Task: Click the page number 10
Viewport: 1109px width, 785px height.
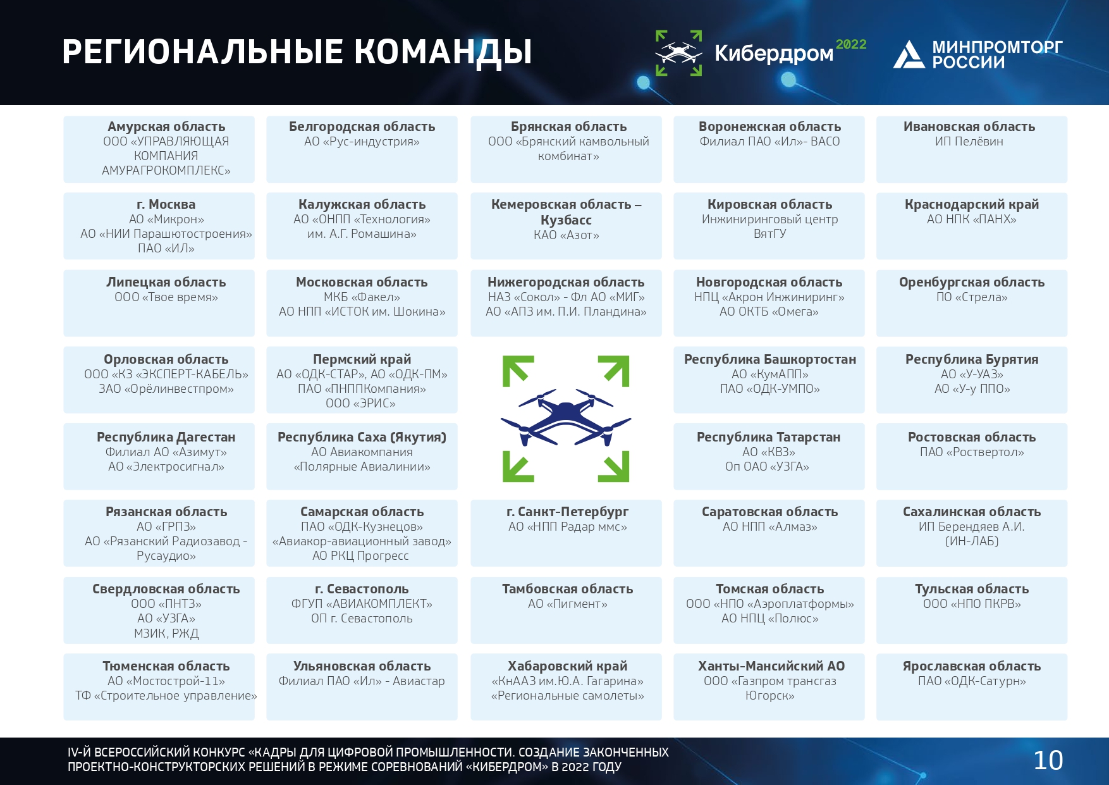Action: click(1048, 760)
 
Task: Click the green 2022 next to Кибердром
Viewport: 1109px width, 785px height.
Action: click(851, 44)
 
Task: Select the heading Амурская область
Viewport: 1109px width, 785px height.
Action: click(166, 127)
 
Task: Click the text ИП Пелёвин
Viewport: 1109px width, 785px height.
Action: click(969, 142)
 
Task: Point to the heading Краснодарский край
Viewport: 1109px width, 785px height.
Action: click(972, 204)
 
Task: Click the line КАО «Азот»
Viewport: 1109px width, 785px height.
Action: click(567, 235)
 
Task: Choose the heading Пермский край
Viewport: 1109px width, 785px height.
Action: click(362, 359)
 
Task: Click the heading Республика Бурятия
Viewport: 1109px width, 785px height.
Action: click(972, 359)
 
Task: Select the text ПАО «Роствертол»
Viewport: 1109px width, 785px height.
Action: click(972, 452)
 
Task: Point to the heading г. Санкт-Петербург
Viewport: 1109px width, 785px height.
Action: click(568, 512)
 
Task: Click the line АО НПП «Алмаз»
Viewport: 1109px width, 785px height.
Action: click(770, 527)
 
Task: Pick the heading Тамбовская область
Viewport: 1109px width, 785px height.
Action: click(568, 589)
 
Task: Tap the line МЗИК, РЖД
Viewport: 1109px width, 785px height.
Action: click(166, 633)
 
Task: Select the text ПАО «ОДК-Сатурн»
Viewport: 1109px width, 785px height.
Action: click(972, 681)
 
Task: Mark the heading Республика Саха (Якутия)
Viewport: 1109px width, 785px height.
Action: click(362, 437)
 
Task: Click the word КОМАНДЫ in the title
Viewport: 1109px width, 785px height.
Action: click(443, 52)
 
